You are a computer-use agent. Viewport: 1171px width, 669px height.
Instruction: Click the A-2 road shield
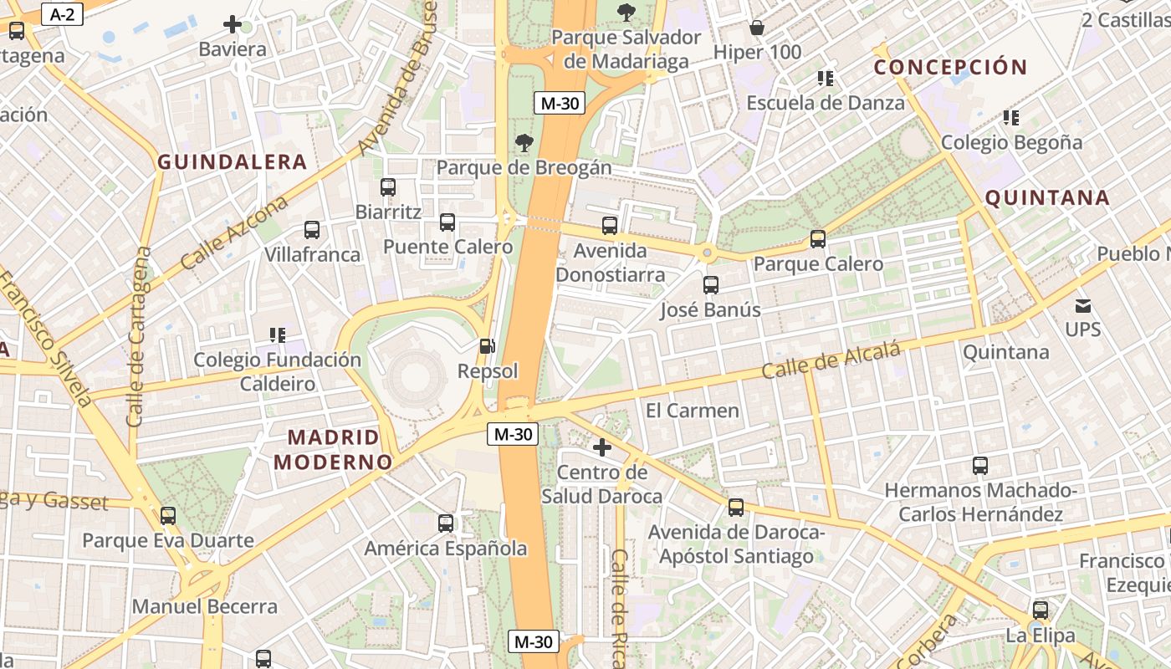coord(62,14)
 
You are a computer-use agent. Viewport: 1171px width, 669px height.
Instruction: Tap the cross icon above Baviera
coord(233,24)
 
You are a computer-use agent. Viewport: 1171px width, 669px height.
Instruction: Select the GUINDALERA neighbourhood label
coord(232,162)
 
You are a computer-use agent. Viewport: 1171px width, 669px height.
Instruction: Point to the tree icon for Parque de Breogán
coord(524,143)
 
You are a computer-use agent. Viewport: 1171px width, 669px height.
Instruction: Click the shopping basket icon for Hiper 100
coord(757,28)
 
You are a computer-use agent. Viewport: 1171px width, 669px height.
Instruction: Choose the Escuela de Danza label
coord(825,103)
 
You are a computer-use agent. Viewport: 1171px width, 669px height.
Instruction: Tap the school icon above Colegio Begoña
coord(1011,118)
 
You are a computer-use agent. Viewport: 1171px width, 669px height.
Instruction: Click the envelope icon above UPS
coord(1083,305)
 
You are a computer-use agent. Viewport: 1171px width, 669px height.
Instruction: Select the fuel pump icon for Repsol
coord(487,345)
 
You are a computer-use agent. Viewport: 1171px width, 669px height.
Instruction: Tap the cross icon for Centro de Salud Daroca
coord(601,447)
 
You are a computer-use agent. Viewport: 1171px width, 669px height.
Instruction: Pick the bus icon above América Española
coord(446,523)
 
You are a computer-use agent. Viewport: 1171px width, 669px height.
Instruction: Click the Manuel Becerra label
coord(205,606)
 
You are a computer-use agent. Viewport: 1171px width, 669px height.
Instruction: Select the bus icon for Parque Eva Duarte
coord(168,516)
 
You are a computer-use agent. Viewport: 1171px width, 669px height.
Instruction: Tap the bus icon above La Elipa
coord(1041,610)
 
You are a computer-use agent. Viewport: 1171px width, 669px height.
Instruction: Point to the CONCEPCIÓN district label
coord(949,68)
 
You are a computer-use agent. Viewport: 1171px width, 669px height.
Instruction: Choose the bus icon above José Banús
coord(711,285)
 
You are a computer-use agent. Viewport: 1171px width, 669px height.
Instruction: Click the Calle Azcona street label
coord(234,232)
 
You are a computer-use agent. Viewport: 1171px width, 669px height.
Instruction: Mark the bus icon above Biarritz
coord(388,187)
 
